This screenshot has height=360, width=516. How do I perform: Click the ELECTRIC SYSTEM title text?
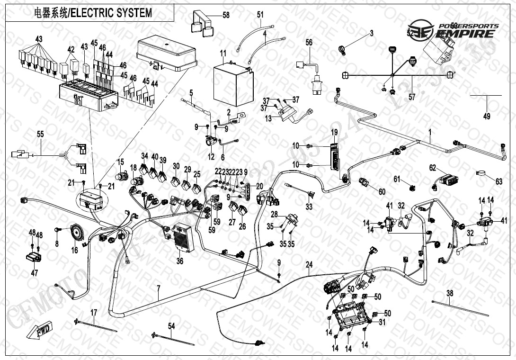click(x=93, y=13)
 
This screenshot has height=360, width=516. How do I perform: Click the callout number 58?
click(x=226, y=15)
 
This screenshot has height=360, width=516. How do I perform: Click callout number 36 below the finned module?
click(x=180, y=260)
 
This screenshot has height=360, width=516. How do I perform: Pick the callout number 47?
click(x=34, y=273)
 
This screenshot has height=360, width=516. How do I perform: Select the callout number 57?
click(x=412, y=97)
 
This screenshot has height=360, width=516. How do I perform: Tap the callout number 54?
click(x=171, y=325)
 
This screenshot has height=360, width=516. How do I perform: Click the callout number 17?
click(x=94, y=312)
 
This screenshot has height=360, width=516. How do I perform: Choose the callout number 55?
click(x=40, y=135)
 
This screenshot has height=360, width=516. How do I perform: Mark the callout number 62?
click(x=432, y=168)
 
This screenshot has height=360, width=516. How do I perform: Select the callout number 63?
click(x=498, y=180)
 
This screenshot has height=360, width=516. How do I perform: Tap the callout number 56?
click(x=309, y=42)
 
